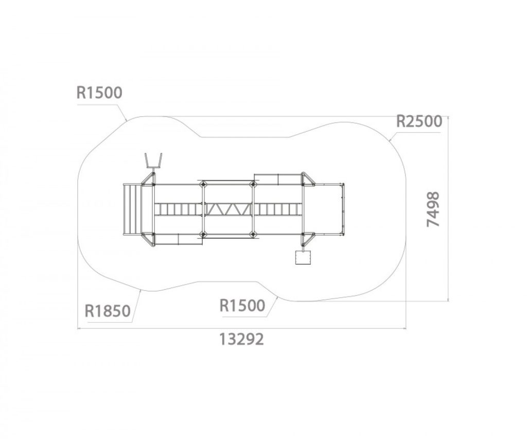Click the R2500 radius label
pos(419,121)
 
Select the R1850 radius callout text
pos(107,311)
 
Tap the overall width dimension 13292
pos(242,339)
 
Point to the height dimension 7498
pos(433,209)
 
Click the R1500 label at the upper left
pos(99,93)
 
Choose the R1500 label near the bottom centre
pos(242,306)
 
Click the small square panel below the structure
pos(303,257)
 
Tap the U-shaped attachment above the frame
pos(153,162)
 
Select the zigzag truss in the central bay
pos(228,209)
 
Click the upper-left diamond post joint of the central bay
pos(203,184)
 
